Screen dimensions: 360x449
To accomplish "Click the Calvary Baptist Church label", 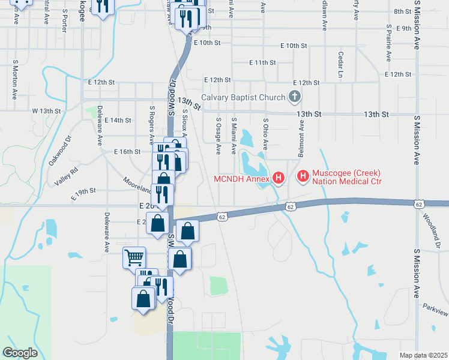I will point(243,97).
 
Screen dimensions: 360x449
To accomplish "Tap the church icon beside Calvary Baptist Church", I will point(294,97).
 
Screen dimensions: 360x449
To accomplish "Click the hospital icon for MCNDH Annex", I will point(279,178).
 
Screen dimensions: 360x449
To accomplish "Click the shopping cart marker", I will point(134,258).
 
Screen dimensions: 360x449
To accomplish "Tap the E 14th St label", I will point(118,120).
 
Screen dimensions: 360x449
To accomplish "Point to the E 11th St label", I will point(262,62).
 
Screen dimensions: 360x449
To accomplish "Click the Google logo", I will point(20,352).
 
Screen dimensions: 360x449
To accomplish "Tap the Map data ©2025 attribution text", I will point(423,355).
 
